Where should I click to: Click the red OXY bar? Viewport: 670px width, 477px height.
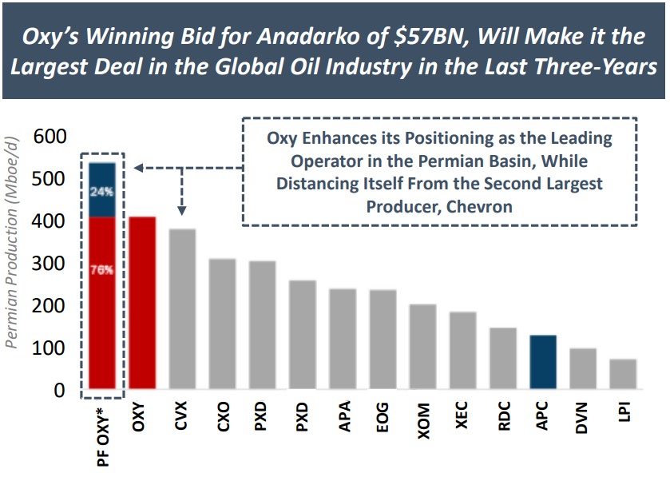click(144, 304)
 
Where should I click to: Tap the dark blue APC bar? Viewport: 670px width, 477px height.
click(543, 363)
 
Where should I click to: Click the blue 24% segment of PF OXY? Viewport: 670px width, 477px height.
click(102, 190)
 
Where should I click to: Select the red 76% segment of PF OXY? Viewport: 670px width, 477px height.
click(102, 304)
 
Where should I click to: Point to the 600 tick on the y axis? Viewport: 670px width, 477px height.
click(49, 137)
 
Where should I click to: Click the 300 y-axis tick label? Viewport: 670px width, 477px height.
click(49, 264)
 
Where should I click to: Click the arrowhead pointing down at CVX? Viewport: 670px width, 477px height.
click(183, 211)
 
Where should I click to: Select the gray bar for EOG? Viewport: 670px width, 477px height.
click(383, 340)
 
